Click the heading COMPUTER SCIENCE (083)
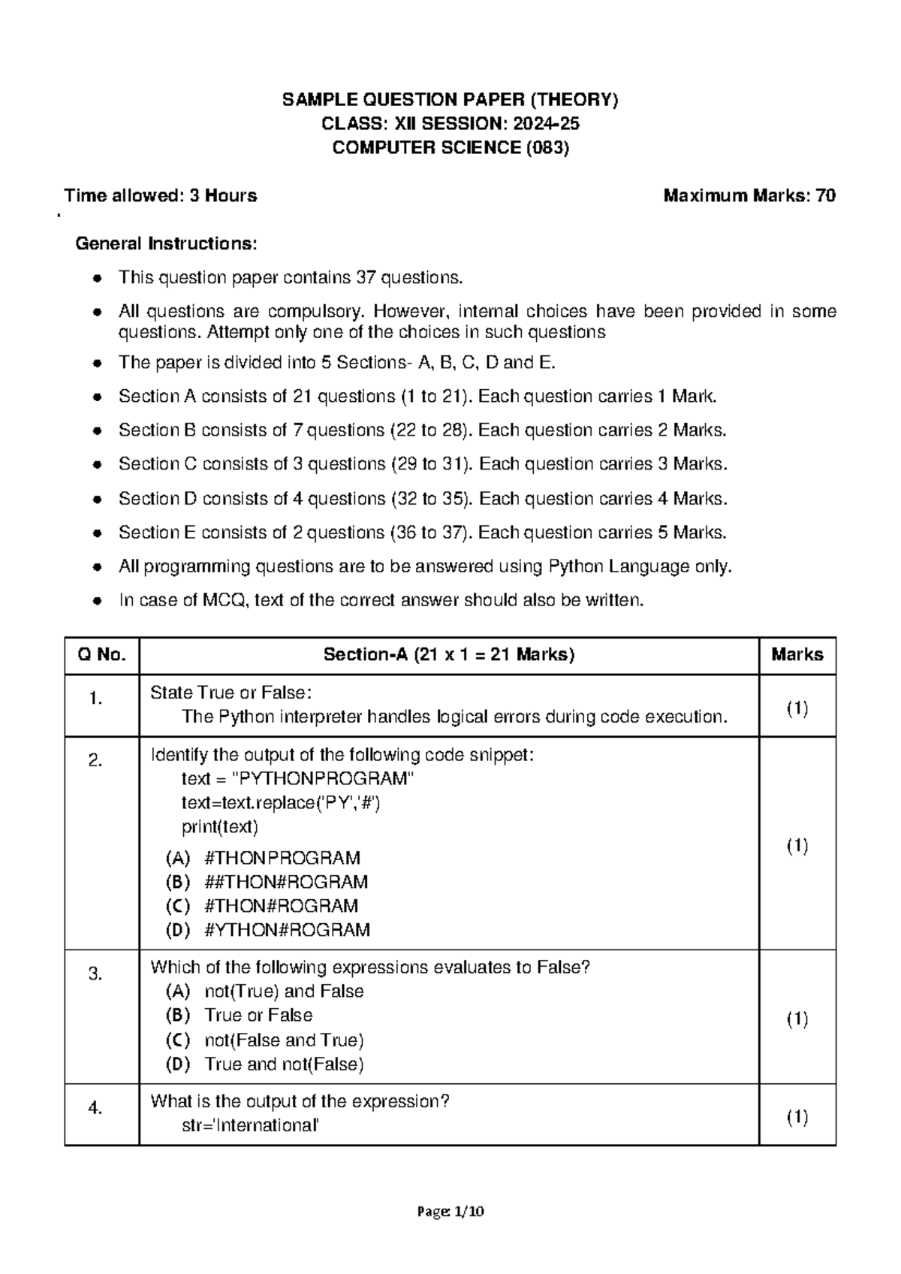(x=450, y=148)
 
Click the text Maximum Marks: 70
(x=749, y=196)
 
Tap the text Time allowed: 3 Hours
(x=161, y=196)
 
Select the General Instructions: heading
(x=166, y=243)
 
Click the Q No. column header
(x=101, y=655)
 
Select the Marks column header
(x=797, y=655)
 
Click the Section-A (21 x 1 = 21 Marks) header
(x=448, y=655)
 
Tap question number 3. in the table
(x=95, y=974)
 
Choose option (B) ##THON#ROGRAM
(x=267, y=882)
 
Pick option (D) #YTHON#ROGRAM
(x=267, y=930)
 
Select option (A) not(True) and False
(x=264, y=992)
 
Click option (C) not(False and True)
(x=264, y=1040)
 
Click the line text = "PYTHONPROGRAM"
(x=297, y=779)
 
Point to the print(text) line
(x=220, y=827)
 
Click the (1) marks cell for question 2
(x=797, y=847)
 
